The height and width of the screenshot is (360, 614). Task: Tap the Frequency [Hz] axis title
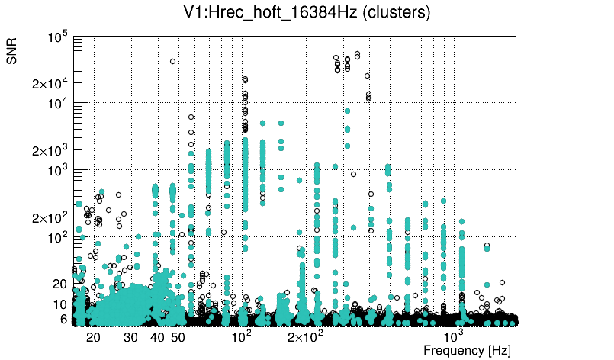[x=467, y=350]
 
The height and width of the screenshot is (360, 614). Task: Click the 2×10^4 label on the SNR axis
[x=50, y=84]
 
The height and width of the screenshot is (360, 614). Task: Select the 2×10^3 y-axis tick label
[x=50, y=150]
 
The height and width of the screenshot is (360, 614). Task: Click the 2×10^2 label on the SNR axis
[x=50, y=218]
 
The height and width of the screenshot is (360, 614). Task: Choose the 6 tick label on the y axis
[x=64, y=319]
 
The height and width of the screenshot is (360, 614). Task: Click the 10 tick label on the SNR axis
[x=61, y=305]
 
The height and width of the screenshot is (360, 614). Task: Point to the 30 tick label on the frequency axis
[x=131, y=337]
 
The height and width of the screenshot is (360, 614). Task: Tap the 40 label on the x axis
[x=157, y=337]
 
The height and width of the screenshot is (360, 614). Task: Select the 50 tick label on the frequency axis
[x=178, y=337]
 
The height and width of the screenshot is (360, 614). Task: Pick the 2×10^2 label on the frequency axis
[x=304, y=336]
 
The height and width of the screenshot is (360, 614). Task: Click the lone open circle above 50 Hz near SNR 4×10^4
[x=173, y=62]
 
